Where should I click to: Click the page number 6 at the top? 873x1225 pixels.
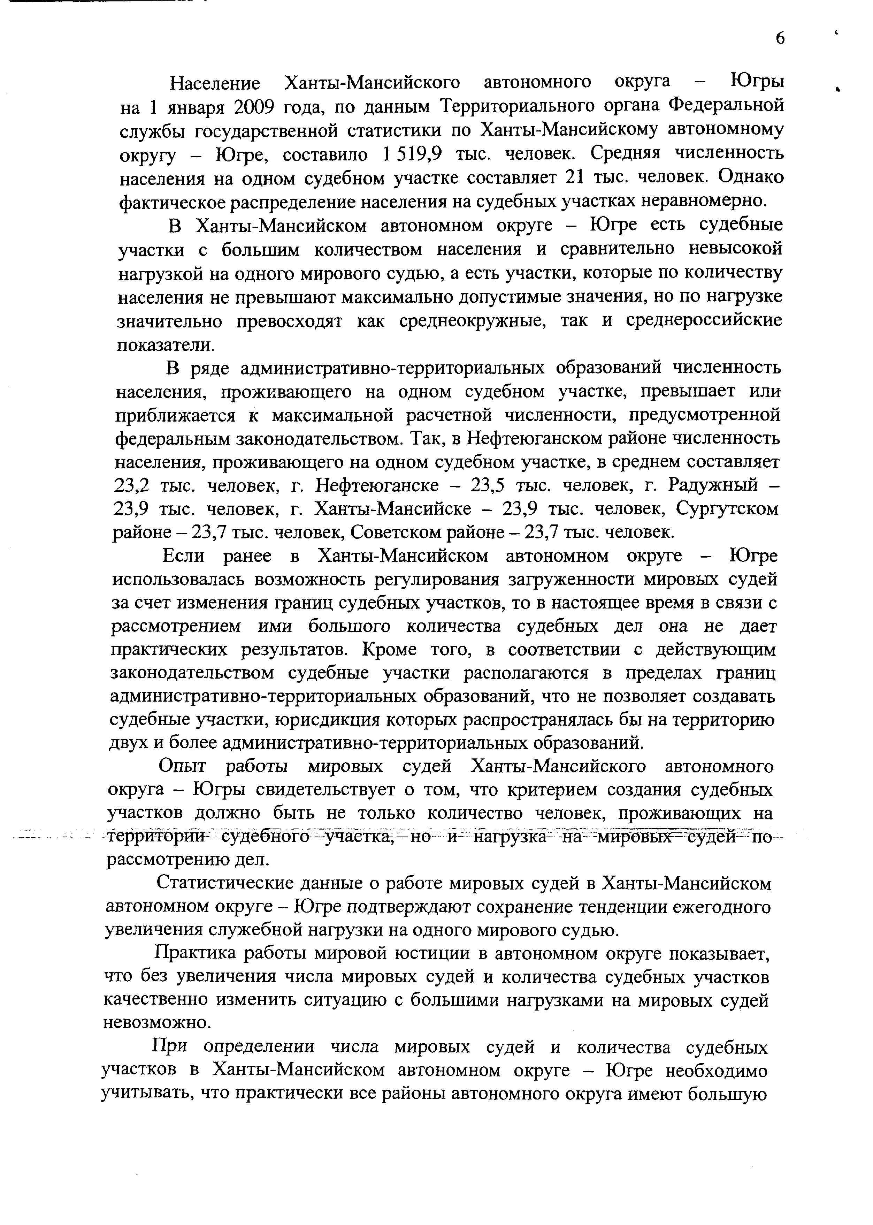tap(780, 38)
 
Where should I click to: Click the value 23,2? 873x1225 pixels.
tap(132, 486)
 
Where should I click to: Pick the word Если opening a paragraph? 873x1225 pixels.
tap(183, 556)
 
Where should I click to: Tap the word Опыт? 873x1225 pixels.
tap(182, 767)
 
